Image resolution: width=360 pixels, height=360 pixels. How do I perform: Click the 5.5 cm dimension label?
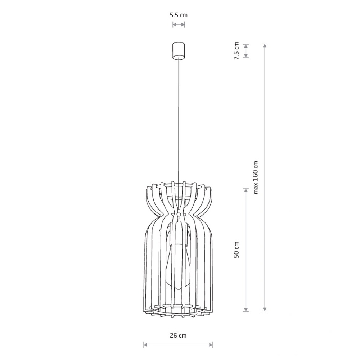coord(179,15)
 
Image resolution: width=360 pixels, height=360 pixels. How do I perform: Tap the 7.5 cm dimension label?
coord(237,51)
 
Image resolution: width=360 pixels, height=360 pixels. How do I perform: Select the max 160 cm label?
coord(256,177)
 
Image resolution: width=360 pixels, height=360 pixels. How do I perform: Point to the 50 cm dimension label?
coord(237,249)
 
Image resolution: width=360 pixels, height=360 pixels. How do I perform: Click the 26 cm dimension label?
coord(178,336)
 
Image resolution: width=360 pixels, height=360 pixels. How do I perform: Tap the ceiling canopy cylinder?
coord(179,51)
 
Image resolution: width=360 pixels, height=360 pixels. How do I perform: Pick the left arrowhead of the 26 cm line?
coord(145,345)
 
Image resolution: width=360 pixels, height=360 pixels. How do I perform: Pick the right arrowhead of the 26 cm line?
coord(211,345)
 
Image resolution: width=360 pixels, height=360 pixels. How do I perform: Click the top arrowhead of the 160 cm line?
coord(265,46)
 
